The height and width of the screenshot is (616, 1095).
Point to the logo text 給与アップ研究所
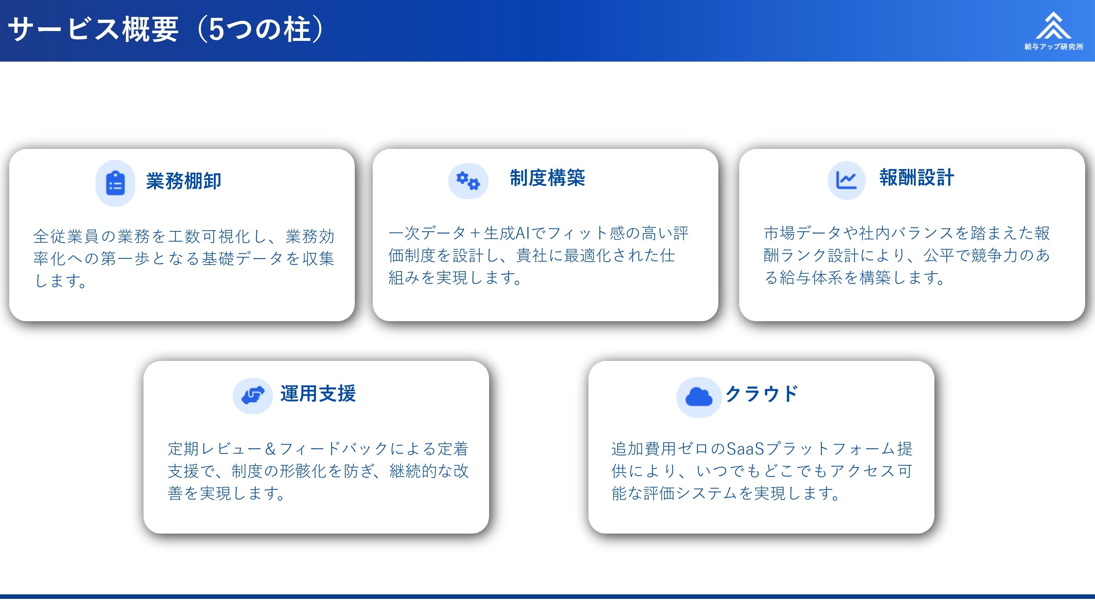[1054, 47]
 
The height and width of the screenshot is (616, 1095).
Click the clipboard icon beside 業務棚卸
[115, 183]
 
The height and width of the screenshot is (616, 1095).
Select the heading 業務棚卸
[184, 181]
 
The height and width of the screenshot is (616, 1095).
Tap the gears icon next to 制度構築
[468, 181]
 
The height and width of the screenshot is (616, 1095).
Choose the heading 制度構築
[547, 178]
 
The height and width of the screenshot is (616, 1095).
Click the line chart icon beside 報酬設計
[846, 180]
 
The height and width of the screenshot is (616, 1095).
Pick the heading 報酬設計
[917, 178]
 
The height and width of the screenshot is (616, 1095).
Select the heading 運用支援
[318, 393]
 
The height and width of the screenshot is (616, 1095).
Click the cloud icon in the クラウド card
[699, 397]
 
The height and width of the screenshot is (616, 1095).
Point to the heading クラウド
[762, 394]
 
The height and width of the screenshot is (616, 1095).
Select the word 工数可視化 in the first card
[210, 236]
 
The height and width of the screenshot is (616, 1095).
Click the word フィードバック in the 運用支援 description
[334, 448]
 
